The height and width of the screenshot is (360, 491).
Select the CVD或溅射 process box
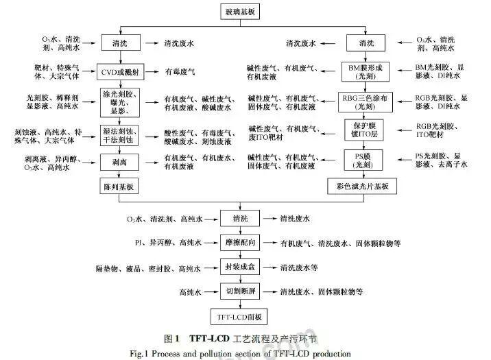(x=120, y=70)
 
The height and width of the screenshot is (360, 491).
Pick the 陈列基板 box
(x=120, y=187)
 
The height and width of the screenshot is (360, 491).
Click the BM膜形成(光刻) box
(x=370, y=70)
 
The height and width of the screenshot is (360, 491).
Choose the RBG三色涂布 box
(x=370, y=101)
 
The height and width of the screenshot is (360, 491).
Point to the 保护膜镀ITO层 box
(x=370, y=130)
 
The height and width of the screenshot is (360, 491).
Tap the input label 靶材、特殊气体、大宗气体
(x=64, y=70)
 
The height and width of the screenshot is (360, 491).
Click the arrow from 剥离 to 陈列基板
(x=120, y=175)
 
